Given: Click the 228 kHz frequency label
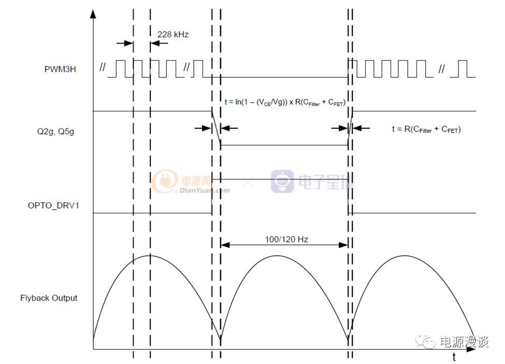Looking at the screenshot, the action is tap(172, 35).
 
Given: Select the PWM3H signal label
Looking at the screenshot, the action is tap(60, 69).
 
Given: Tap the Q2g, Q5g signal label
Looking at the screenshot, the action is tap(55, 132).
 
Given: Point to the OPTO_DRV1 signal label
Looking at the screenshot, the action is tap(53, 206).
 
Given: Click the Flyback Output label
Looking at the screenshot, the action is tap(49, 298).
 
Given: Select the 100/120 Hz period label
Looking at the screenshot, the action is tap(286, 239).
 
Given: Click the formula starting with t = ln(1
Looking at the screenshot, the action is tap(285, 103).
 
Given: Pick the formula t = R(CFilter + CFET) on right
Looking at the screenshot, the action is tap(426, 129).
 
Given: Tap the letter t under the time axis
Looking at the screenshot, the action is tap(454, 357).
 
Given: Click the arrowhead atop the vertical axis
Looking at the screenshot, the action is tap(93, 14).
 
